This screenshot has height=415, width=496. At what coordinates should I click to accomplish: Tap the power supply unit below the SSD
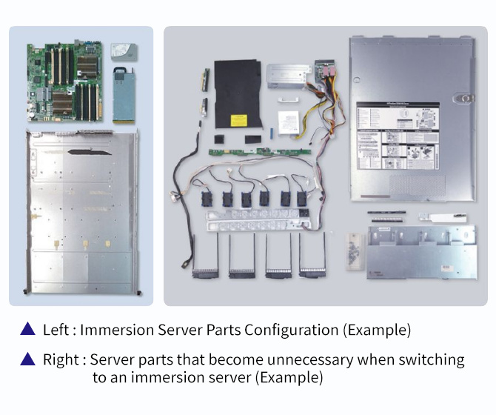pyautogui.click(x=124, y=94)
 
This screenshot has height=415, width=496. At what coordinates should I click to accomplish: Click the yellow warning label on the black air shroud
pyautogui.click(x=238, y=120)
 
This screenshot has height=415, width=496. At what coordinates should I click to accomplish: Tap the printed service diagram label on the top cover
pyautogui.click(x=398, y=137)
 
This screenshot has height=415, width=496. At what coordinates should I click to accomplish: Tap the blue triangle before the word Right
pyautogui.click(x=27, y=359)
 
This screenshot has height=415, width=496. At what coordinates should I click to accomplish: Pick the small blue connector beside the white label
pyautogui.click(x=272, y=134)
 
